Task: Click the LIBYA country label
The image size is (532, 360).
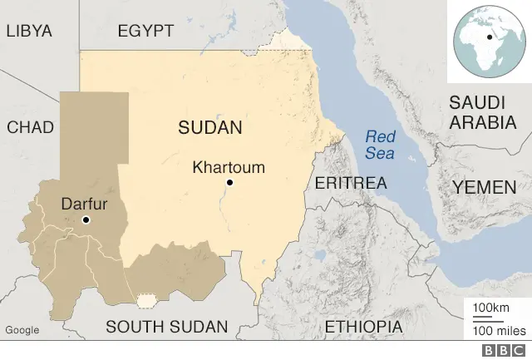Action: (28, 31)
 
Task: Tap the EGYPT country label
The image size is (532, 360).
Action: (145, 31)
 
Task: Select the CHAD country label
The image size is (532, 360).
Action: (30, 127)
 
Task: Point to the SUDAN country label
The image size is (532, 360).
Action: (209, 128)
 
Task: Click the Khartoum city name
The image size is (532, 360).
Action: (229, 167)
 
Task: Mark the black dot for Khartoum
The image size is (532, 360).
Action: (230, 183)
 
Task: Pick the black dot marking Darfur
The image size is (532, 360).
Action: (86, 219)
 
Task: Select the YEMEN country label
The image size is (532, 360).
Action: (484, 188)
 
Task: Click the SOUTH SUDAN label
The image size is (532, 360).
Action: (166, 326)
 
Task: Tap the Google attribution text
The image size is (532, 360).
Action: (22, 330)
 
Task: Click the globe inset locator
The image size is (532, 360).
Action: (490, 41)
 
